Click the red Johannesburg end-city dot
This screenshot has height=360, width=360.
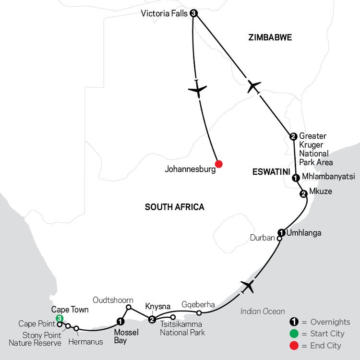pos(219,164)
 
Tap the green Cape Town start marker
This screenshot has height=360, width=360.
pos(59,318)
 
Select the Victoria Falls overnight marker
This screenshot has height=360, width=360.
pos(193,13)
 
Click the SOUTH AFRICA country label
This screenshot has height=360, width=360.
pos(174,207)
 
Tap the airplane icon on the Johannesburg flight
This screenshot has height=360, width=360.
pos(197,89)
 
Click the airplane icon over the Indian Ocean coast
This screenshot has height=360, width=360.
pos(248,287)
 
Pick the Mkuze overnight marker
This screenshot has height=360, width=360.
pos(303,194)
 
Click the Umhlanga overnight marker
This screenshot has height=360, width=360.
pos(282,233)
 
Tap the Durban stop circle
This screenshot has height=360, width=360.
pos(279,238)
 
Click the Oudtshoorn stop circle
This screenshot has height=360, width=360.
pos(129,307)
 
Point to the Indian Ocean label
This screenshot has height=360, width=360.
pos(263,312)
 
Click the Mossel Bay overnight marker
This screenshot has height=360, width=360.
pos(120,322)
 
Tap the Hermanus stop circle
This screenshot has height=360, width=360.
pos(76,328)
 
